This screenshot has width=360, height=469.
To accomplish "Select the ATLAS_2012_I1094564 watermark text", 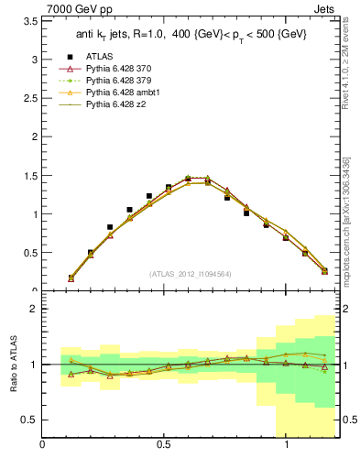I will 191,274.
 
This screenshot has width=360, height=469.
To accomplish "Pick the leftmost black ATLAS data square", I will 71,278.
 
